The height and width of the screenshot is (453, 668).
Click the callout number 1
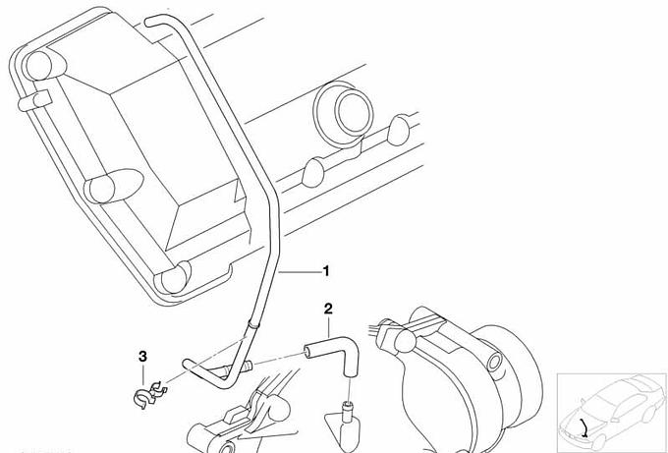click(326, 271)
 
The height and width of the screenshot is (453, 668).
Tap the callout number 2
click(328, 309)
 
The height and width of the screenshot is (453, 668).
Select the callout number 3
click(142, 357)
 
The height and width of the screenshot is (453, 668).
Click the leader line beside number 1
click(300, 271)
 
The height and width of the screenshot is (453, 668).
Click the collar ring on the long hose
click(253, 325)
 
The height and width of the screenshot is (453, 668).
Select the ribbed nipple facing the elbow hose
click(247, 367)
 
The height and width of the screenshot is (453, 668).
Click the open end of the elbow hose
click(306, 352)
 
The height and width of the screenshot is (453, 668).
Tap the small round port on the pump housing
click(494, 362)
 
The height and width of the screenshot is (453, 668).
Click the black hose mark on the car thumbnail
click(584, 427)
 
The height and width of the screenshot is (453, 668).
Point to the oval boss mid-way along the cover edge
click(113, 187)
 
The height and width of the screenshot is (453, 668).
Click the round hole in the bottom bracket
click(228, 448)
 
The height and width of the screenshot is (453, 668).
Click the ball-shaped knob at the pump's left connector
click(405, 341)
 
